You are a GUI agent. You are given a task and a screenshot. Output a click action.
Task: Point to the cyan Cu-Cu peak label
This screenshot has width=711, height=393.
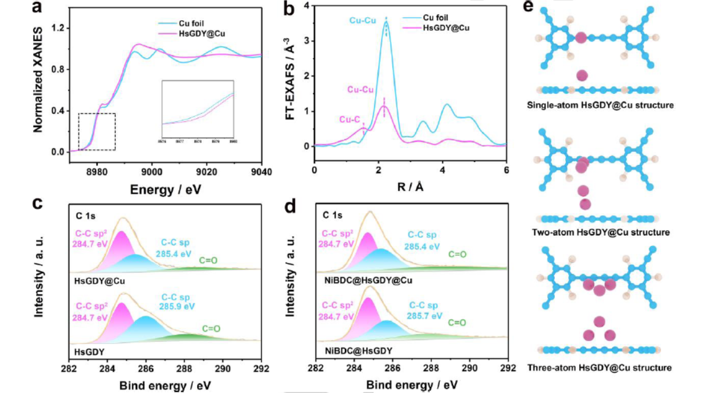pos(361,20)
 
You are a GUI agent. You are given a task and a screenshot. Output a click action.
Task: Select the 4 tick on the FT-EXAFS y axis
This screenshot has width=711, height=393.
pos(307,6)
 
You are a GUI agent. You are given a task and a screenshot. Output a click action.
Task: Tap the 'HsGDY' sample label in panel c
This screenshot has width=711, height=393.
pos(90,351)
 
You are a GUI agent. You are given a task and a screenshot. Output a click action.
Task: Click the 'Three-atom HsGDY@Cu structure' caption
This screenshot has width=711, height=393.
pos(599,367)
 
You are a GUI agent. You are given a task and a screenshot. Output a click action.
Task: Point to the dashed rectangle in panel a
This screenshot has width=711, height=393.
pos(97,131)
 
